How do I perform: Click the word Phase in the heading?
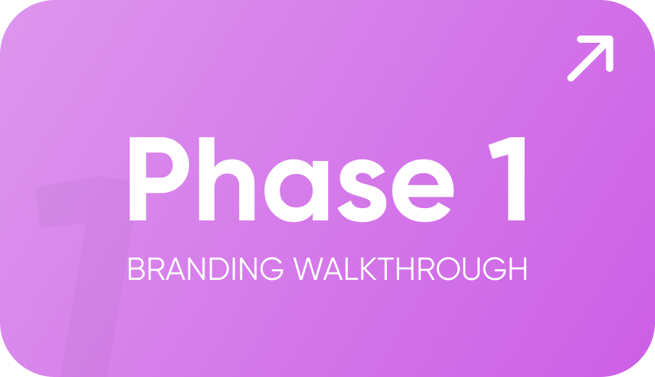pyautogui.click(x=291, y=179)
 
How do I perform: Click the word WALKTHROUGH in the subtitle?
pyautogui.click(x=410, y=269)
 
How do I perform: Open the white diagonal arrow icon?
pyautogui.click(x=591, y=59)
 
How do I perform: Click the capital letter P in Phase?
pyautogui.click(x=159, y=179)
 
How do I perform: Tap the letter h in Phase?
pyautogui.click(x=227, y=179)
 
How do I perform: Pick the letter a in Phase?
pyautogui.click(x=296, y=191)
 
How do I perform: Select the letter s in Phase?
pyautogui.click(x=362, y=191)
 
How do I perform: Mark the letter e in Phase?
pyautogui.click(x=423, y=191)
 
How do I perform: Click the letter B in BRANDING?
pyautogui.click(x=136, y=269)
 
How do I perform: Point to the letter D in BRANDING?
pyautogui.click(x=219, y=269)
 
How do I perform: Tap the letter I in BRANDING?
pyautogui.click(x=234, y=269)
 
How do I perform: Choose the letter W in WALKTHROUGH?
pyautogui.click(x=308, y=269)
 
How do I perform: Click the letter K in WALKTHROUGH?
pyautogui.click(x=370, y=269)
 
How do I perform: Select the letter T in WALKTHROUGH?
pyautogui.click(x=385, y=269)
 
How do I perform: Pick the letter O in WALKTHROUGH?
pyautogui.click(x=449, y=269)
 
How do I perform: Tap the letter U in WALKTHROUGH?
pyautogui.click(x=471, y=269)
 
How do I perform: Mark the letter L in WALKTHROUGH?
pyautogui.click(x=351, y=269)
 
